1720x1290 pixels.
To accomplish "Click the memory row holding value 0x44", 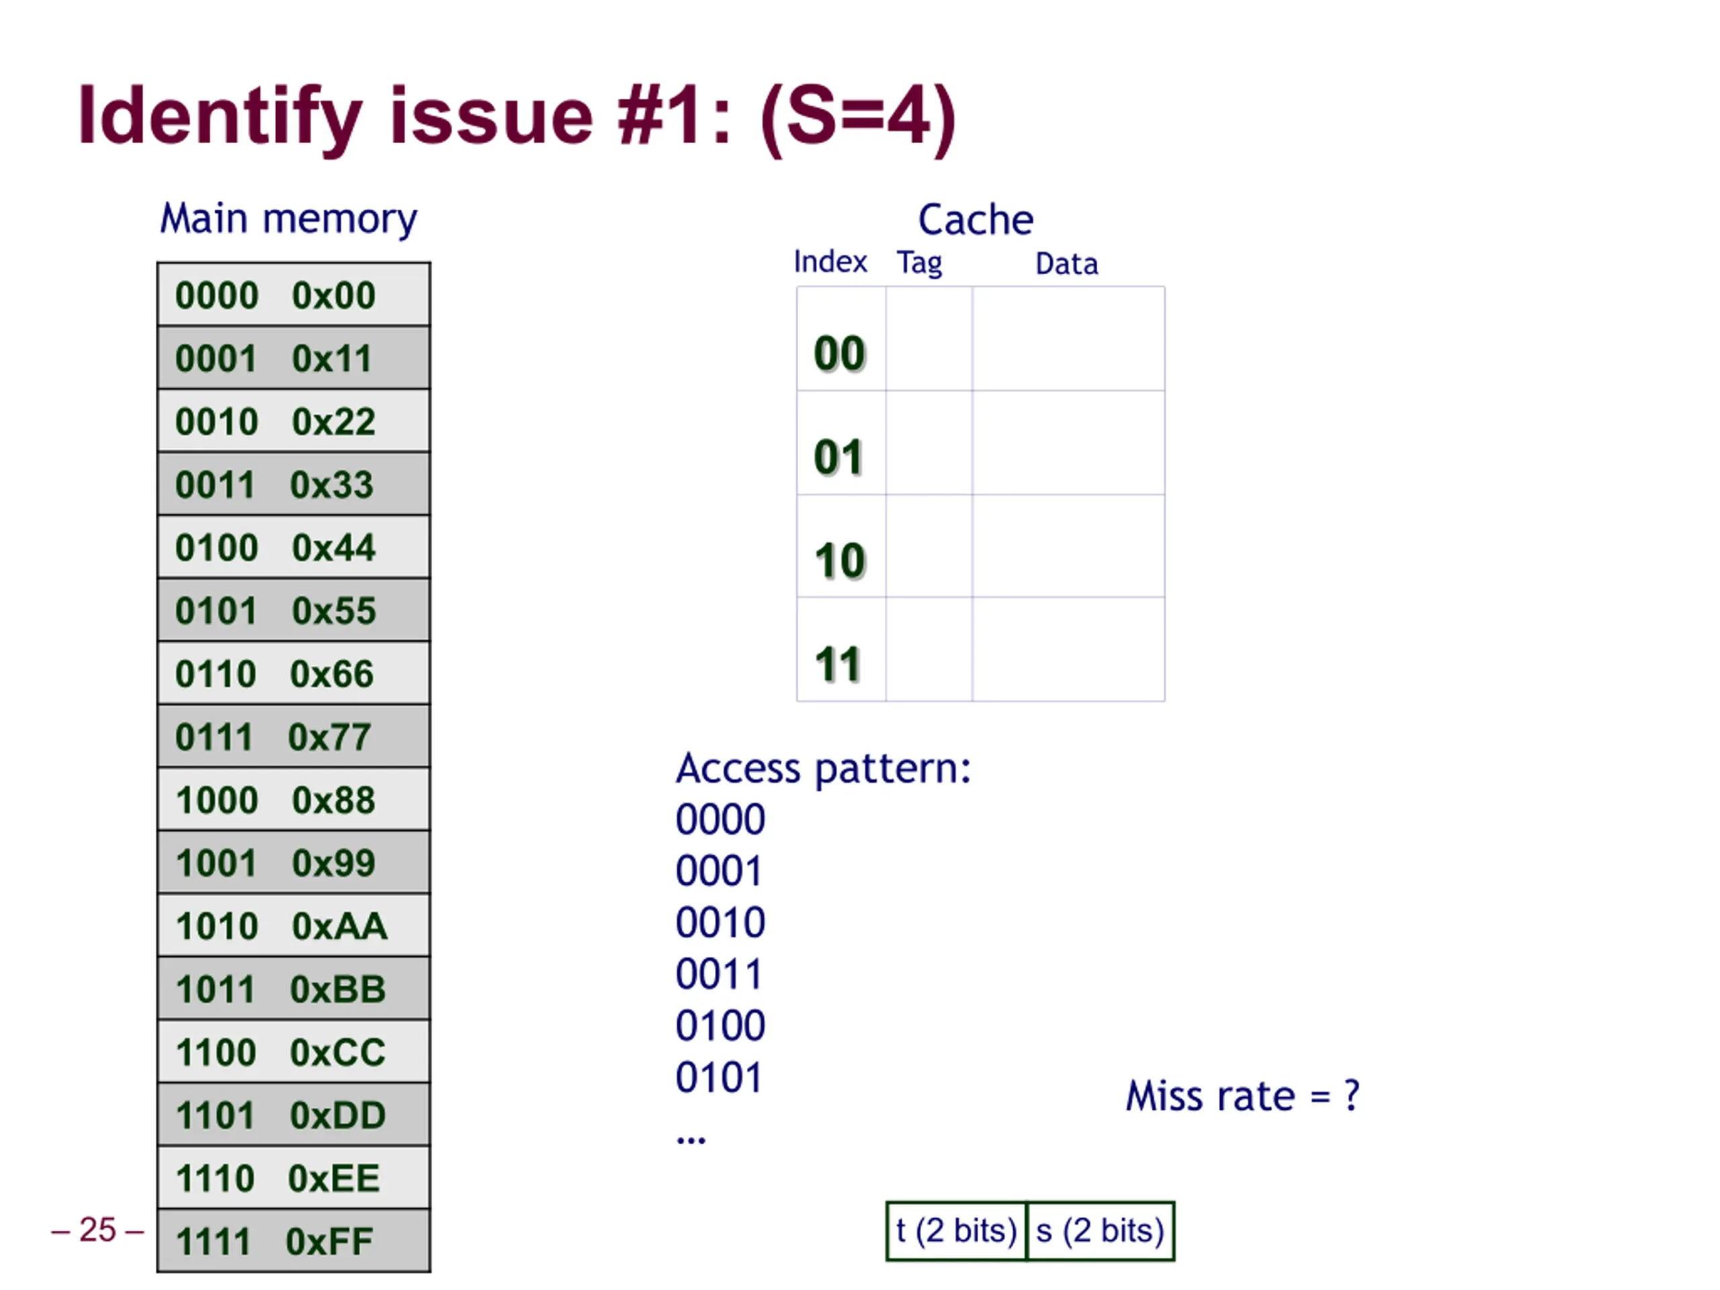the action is coord(293,548).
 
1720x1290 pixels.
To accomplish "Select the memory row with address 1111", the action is coord(293,1241).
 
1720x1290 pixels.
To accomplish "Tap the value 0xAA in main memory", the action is coord(339,926).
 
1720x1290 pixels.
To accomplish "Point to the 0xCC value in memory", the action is coord(337,1052).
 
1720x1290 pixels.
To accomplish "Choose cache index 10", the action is coord(840,560).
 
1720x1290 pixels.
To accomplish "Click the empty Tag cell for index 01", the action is coord(929,443).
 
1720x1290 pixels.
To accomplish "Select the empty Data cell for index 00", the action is coord(1068,339).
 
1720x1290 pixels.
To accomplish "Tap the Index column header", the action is coord(830,262).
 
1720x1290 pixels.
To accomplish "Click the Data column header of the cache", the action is coord(1067,264).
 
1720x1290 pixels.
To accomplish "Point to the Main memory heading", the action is coord(288,219).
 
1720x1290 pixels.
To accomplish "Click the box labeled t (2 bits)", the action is coord(957,1231).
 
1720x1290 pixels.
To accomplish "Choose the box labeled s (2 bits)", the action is coord(1101,1231).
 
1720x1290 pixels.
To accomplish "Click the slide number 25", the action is coord(97,1230).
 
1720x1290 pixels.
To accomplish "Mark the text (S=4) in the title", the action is coord(858,118).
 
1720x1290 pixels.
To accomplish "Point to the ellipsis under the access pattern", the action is coord(691,1141).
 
